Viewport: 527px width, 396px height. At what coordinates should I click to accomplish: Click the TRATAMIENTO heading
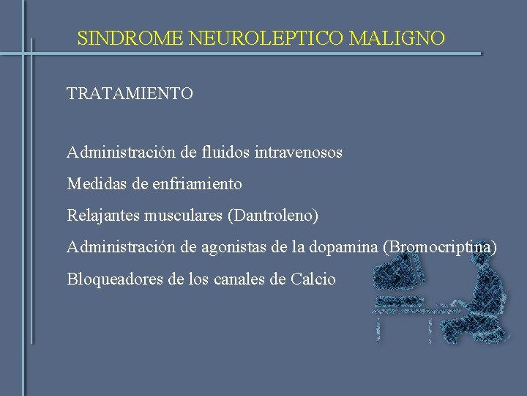tap(130, 94)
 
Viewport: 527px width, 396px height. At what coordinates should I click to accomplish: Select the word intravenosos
tap(299, 153)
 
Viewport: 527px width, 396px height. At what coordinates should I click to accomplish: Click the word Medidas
tap(94, 183)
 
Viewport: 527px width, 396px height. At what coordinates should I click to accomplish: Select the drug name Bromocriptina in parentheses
tap(440, 247)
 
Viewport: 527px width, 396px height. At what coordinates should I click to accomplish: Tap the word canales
tap(253, 279)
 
